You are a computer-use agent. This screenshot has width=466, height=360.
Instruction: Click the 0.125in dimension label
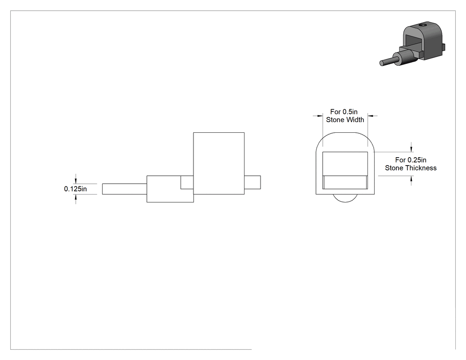point(75,189)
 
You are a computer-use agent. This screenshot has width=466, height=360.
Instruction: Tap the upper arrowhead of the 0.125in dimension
point(76,182)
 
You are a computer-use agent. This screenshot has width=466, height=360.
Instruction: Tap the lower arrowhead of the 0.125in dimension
point(76,197)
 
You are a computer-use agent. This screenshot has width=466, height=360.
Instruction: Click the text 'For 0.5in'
point(344,112)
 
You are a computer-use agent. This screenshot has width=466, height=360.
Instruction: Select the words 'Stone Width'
point(345,120)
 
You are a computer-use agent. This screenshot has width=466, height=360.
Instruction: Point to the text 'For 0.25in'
point(411,160)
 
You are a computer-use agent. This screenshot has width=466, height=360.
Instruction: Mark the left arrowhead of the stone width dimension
point(320,116)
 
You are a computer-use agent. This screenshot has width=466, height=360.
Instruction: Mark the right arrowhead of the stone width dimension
point(371,116)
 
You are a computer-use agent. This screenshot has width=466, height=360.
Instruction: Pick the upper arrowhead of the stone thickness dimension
point(411,149)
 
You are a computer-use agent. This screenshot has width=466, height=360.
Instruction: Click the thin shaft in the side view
point(125,189)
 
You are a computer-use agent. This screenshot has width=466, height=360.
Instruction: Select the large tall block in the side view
point(219,163)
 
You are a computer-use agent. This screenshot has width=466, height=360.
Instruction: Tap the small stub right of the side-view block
point(253,182)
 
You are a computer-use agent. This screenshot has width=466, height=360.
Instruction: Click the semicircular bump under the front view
point(345,198)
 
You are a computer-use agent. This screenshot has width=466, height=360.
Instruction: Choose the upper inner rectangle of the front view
point(345,164)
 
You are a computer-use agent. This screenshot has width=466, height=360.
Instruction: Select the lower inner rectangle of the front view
point(345,182)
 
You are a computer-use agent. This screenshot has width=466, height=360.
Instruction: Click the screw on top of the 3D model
point(423,26)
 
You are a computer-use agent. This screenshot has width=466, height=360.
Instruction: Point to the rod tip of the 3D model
point(382,63)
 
